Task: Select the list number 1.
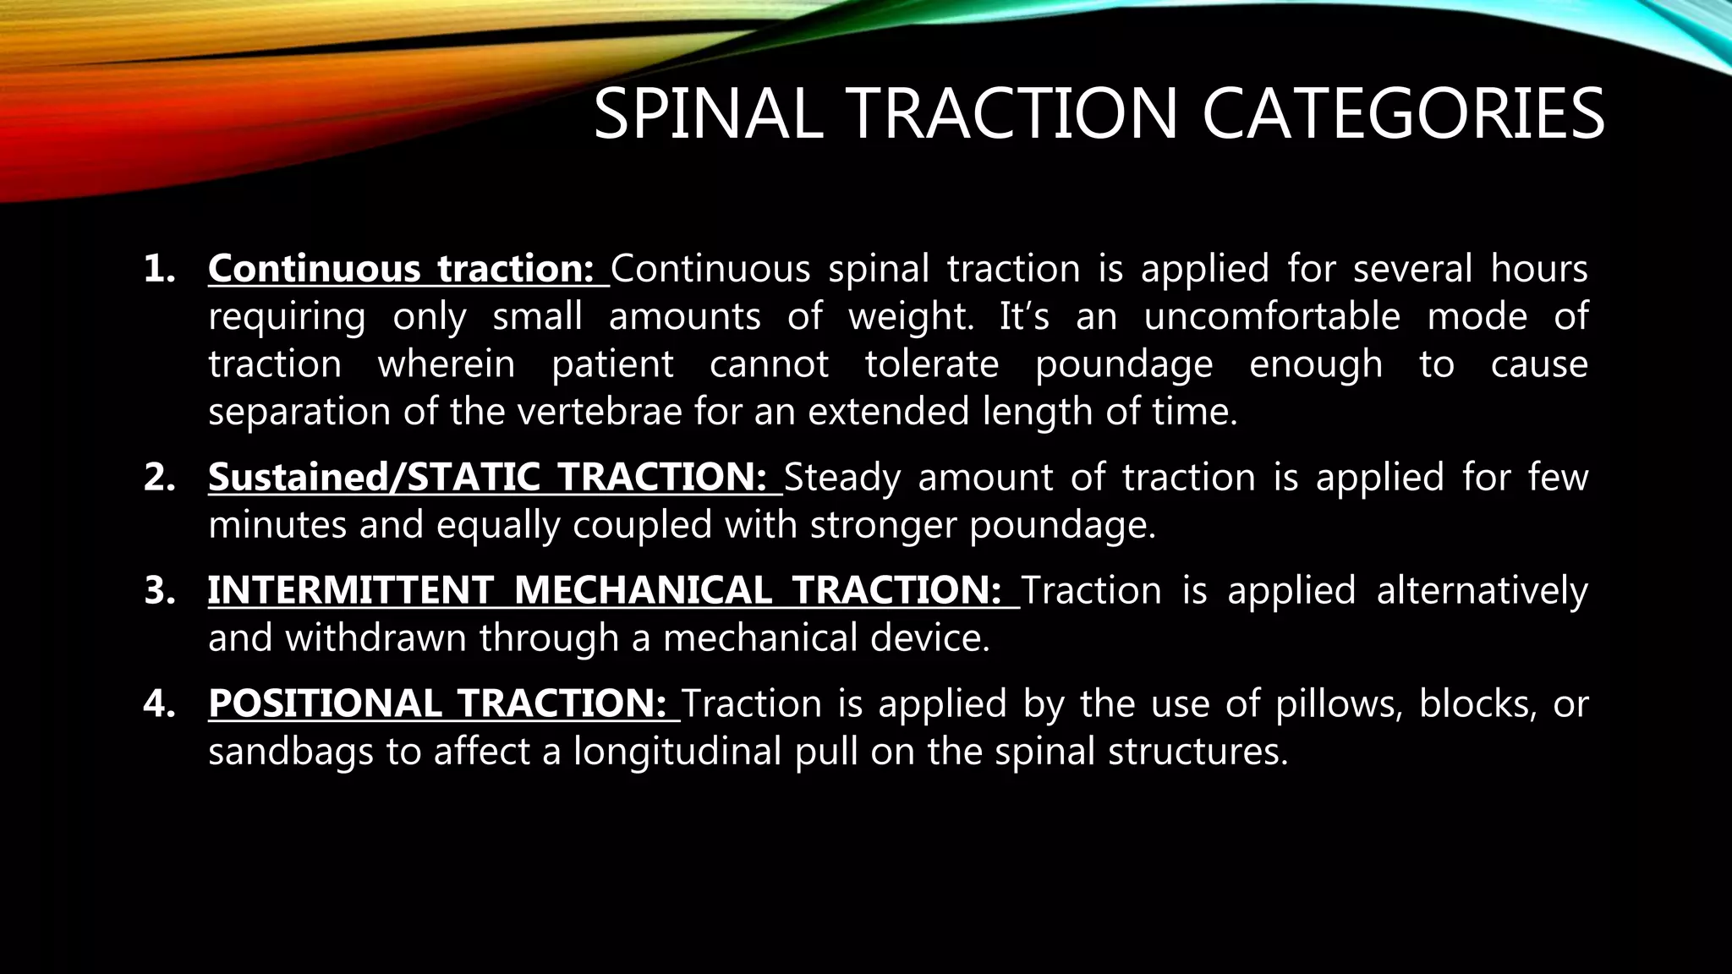tap(159, 269)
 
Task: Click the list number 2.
tap(159, 478)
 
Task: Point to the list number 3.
tap(159, 590)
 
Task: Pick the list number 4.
tap(159, 703)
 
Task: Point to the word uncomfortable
tap(1272, 317)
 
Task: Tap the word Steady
tap(842, 478)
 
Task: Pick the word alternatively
tap(1482, 590)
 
